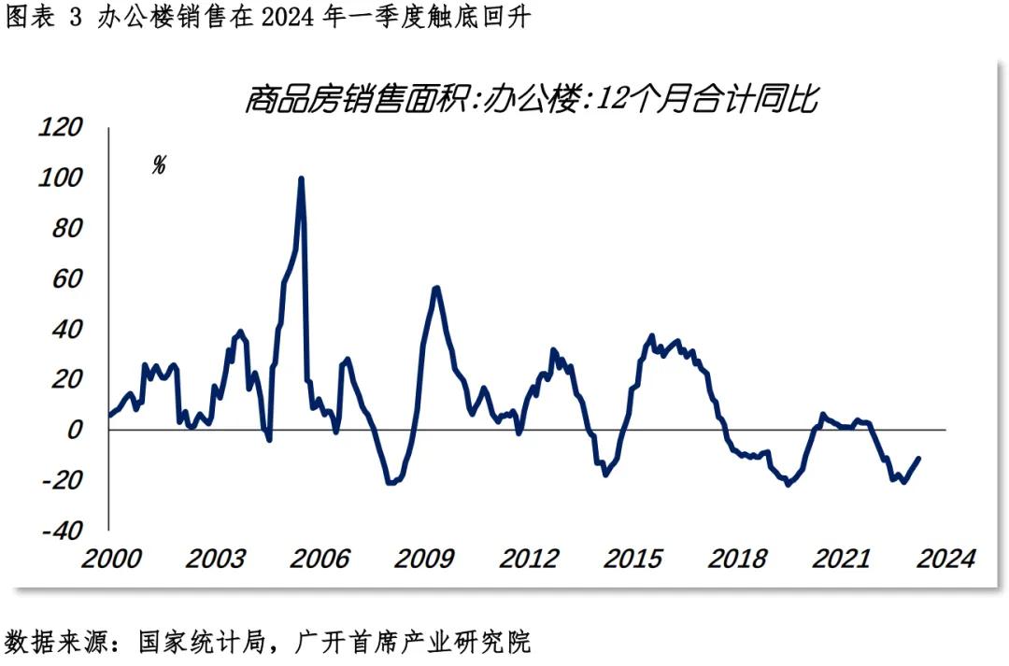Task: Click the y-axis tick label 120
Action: pos(62,127)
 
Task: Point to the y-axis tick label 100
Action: pos(62,177)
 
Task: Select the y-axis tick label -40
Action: pos(62,531)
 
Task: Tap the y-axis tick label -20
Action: pos(62,481)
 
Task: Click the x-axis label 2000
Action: pos(110,559)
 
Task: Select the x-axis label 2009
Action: pos(423,559)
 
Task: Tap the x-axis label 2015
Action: pos(632,559)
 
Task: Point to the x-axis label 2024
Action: pos(945,559)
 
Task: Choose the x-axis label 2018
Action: pos(737,559)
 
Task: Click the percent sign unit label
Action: pos(159,166)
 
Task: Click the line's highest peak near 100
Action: pos(301,178)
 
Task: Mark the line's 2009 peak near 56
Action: pos(436,288)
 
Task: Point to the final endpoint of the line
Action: pos(919,459)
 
